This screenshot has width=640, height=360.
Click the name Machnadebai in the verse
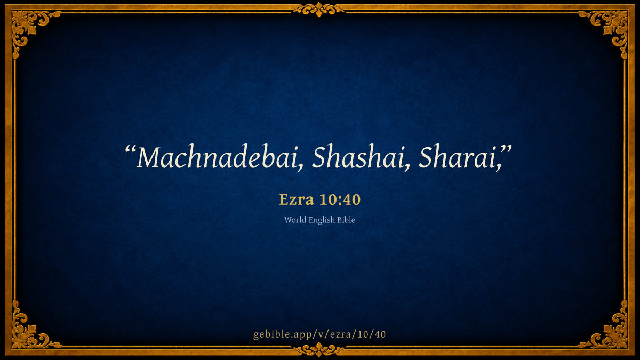pos(217,157)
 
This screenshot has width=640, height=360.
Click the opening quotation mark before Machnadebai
pos(130,150)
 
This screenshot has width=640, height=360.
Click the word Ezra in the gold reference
pos(297,199)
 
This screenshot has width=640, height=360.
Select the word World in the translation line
pos(295,220)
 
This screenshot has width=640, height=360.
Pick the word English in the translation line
pos(322,220)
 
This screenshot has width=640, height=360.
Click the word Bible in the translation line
pos(346,220)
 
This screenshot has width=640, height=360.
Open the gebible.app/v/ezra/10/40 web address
pos(319,334)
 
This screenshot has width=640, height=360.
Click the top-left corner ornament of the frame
pos(29,27)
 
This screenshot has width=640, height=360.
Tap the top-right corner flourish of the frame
pos(611,27)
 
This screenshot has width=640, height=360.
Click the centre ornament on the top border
pos(319,9)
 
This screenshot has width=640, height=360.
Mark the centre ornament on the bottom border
pos(319,350)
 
